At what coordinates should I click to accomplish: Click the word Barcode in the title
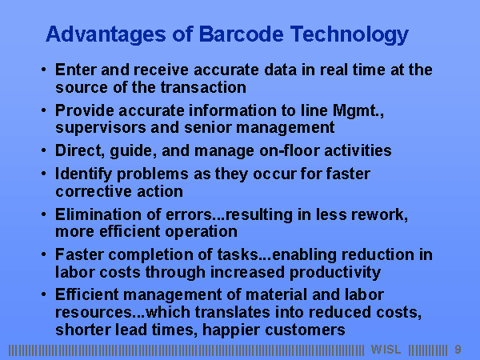(242, 34)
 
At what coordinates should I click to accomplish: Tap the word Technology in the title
(350, 35)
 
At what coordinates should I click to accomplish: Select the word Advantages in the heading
(106, 35)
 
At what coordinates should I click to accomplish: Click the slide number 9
(458, 350)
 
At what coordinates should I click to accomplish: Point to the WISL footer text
(386, 350)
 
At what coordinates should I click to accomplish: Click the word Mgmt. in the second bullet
(358, 111)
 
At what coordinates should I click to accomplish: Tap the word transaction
(203, 87)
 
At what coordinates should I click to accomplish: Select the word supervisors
(101, 128)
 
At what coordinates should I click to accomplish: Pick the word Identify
(83, 174)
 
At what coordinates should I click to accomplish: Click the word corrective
(94, 192)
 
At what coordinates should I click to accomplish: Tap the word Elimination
(98, 214)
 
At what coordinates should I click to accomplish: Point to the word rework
(379, 215)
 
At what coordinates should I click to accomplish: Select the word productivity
(335, 273)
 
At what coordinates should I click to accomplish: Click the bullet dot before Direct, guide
(43, 150)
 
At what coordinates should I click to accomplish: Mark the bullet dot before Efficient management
(43, 294)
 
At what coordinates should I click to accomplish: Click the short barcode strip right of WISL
(428, 350)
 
